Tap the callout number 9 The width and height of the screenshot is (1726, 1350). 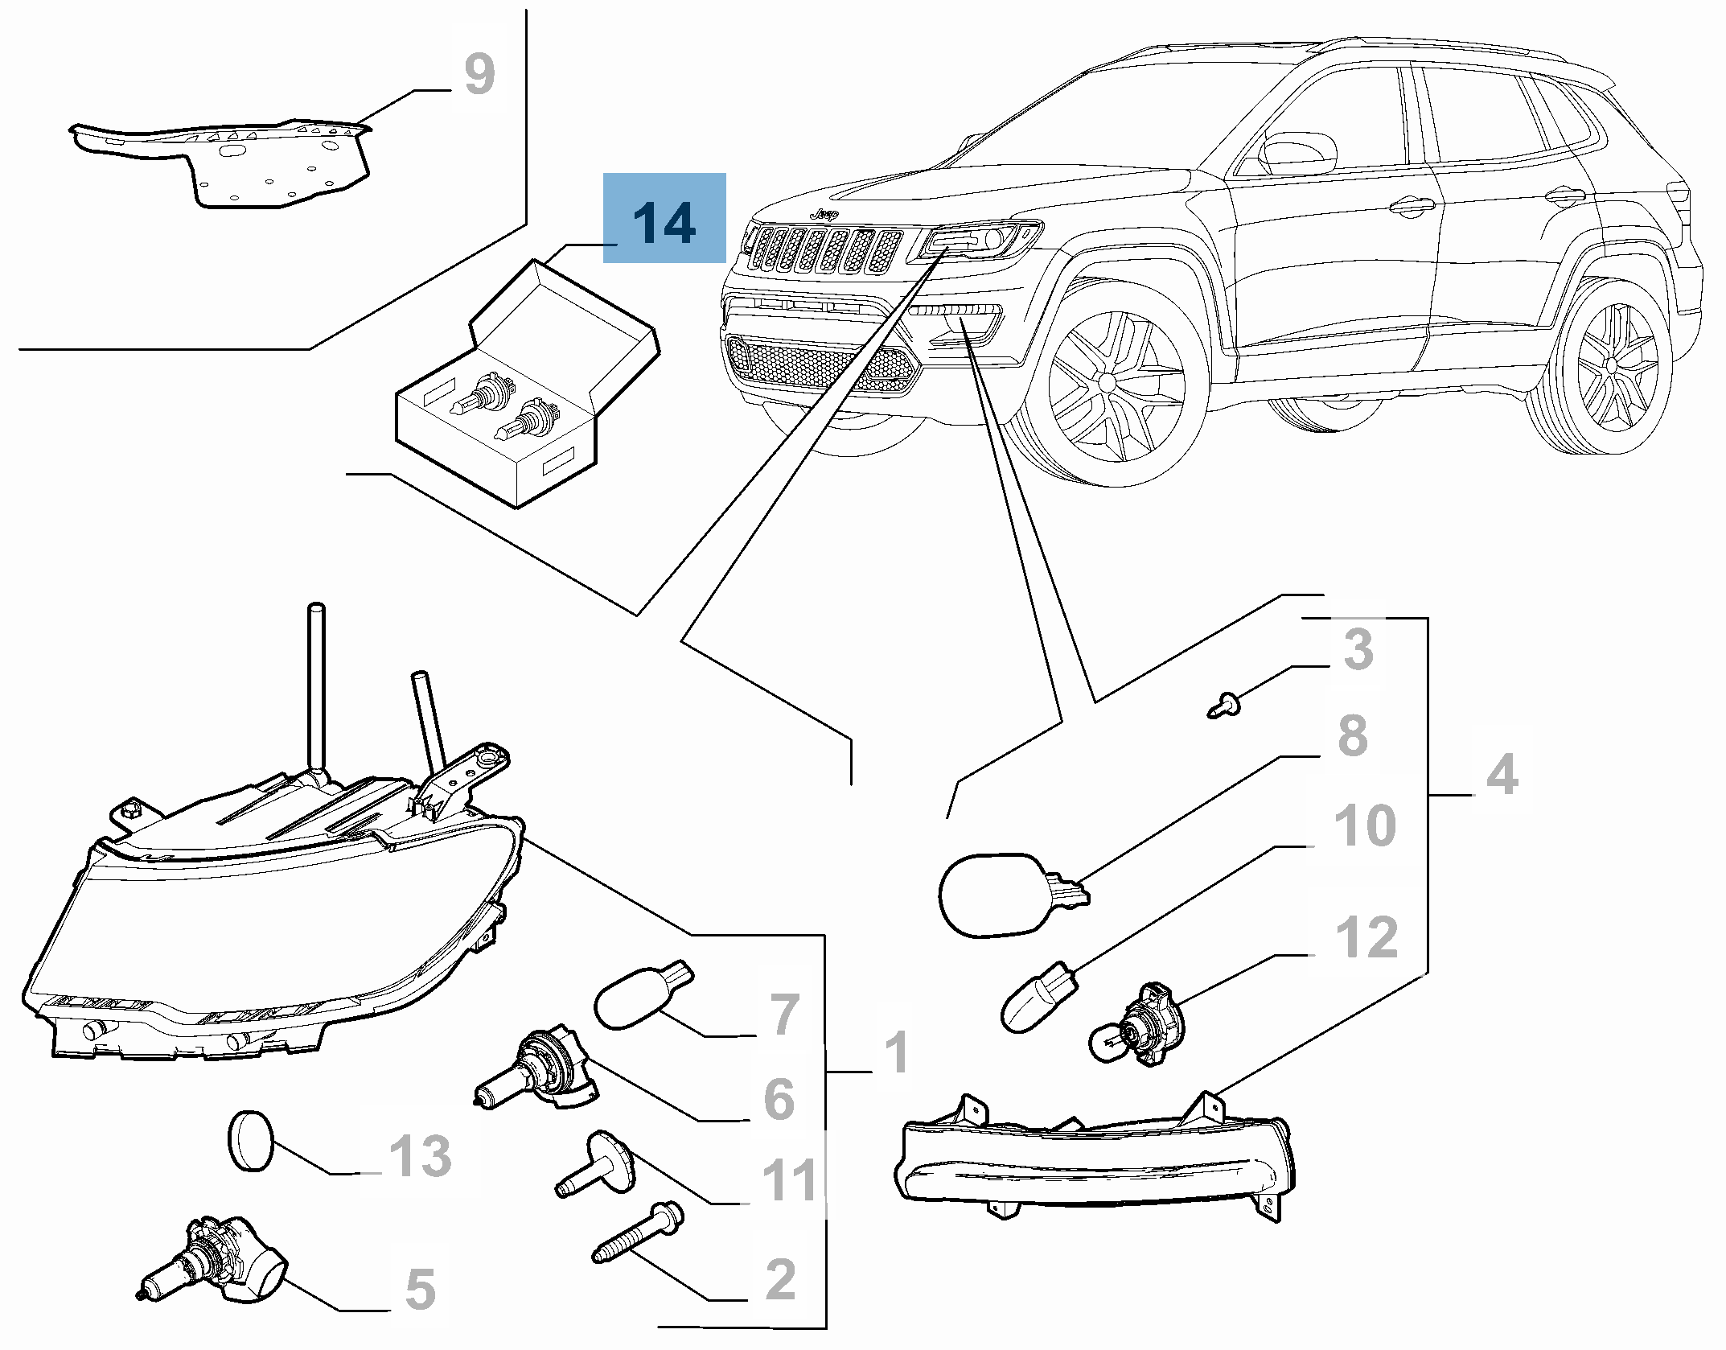coord(480,75)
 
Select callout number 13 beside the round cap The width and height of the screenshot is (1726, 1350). coord(421,1156)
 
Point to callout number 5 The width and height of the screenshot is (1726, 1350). coord(420,1289)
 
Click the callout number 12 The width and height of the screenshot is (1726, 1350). coord(1366,937)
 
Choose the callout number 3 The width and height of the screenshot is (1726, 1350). coord(1358,649)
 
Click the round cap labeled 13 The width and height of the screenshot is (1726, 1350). coord(250,1140)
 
